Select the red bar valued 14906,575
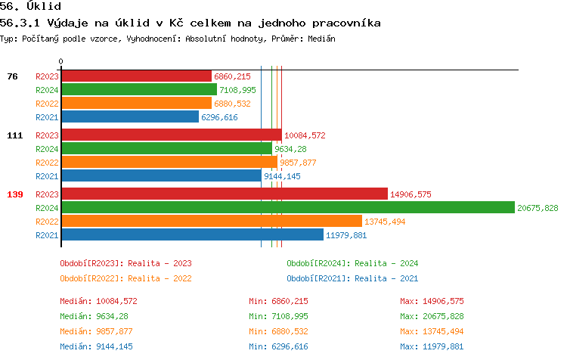224,194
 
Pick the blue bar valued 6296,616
130,117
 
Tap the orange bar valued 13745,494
212,222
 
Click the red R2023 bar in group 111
171,135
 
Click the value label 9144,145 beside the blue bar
282,176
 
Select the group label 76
12,76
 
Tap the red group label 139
15,194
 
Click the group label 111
15,135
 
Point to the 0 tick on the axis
61,61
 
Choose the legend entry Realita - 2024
352,263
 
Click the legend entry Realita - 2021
352,278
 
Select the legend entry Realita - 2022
125,278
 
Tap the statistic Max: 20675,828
442,316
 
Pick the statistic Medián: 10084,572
98,301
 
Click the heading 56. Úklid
30,6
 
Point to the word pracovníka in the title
344,23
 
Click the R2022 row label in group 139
47,222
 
